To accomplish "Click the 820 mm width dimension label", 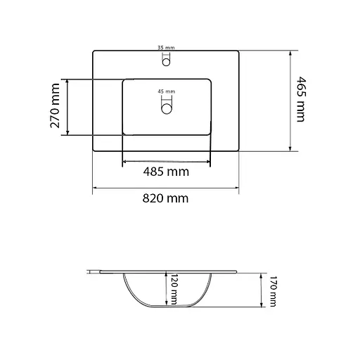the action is pos(165,198).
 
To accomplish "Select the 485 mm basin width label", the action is pos(166,172).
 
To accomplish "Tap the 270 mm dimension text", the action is pos(55,105).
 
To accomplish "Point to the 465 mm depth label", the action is pos(301,99).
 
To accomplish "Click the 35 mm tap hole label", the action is pos(166,48).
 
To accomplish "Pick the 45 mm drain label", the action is pos(166,91).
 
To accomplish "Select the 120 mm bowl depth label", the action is pos(174,289).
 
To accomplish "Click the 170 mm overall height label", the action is pos(273,291).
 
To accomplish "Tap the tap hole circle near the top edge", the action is pos(166,63).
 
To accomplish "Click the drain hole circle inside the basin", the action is pos(167,109).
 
